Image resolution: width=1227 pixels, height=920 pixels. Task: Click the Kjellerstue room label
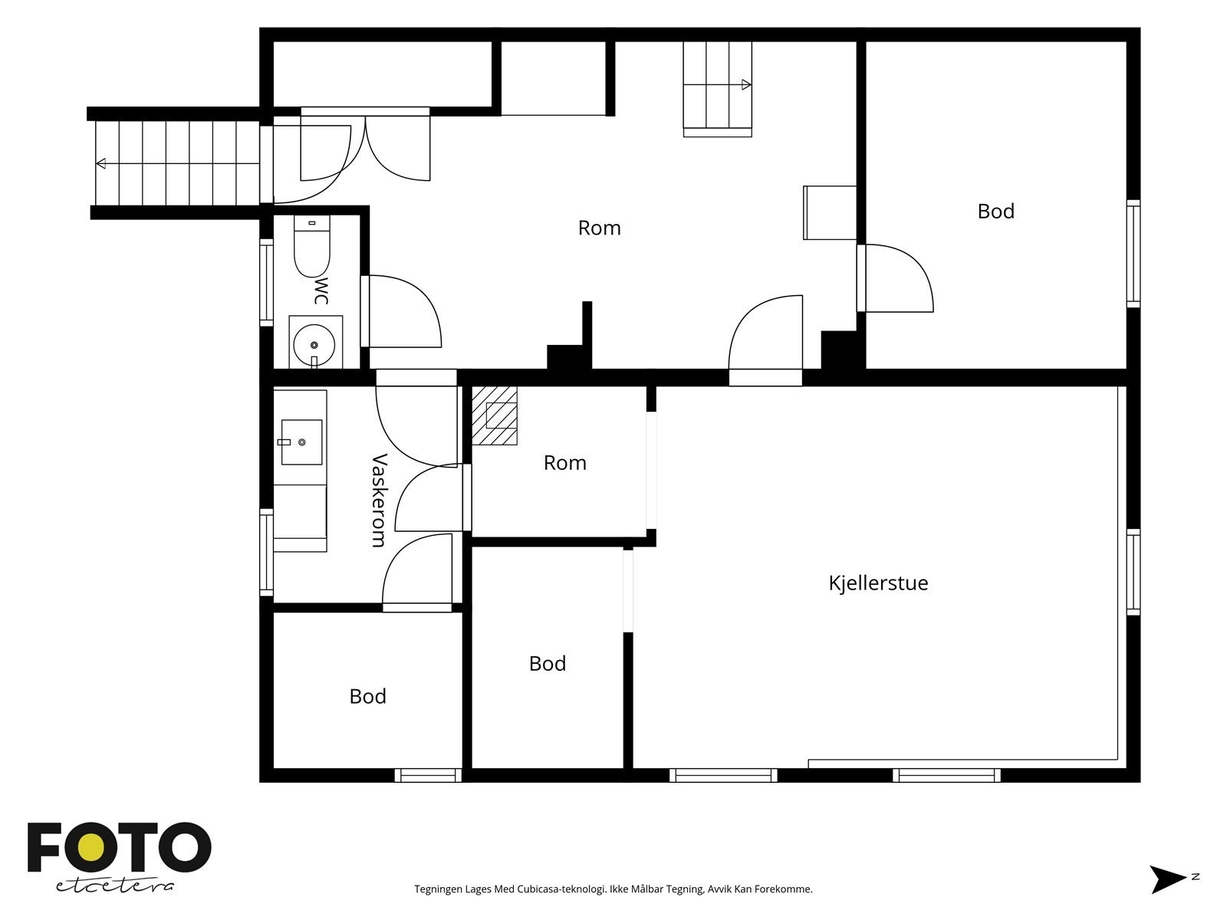[878, 583]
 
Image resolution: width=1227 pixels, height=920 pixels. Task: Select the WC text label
[321, 291]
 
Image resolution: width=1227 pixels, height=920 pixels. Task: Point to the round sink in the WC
[314, 345]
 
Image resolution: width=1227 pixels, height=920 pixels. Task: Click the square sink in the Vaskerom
[301, 442]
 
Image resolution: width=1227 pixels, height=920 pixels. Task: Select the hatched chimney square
[494, 416]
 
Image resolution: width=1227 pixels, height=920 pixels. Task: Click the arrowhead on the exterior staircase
[101, 163]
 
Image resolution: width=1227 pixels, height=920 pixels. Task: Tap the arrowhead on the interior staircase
[745, 85]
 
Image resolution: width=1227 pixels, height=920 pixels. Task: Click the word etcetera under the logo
[114, 886]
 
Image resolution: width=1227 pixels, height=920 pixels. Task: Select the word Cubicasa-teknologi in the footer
[562, 889]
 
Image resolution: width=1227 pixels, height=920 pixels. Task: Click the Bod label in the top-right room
[995, 211]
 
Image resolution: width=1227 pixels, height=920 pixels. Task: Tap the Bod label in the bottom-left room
[368, 697]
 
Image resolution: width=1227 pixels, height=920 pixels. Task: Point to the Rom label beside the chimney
[565, 463]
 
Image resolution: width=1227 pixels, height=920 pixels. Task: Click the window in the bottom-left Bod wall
[428, 775]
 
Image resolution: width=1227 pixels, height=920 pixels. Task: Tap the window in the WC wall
[267, 283]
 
